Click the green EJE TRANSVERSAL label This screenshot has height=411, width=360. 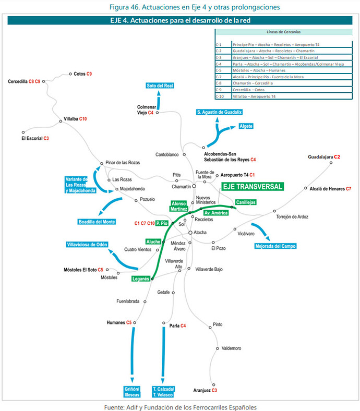pos(251,186)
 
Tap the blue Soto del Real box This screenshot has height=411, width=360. pos(160,85)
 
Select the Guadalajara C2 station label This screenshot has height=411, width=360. pos(323,156)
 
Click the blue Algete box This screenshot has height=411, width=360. pos(246,126)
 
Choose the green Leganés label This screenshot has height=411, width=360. pos(141,279)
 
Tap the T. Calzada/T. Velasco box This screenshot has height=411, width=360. pos(164,392)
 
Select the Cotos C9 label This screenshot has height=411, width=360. pos(83,74)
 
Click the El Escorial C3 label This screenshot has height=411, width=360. pos(35,138)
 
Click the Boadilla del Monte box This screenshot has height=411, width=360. pos(98,221)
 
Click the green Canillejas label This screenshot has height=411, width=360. pos(245,202)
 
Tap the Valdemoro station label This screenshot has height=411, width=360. pos(231,349)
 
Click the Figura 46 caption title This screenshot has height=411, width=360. pos(179,7)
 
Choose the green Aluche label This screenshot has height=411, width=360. pos(153,242)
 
